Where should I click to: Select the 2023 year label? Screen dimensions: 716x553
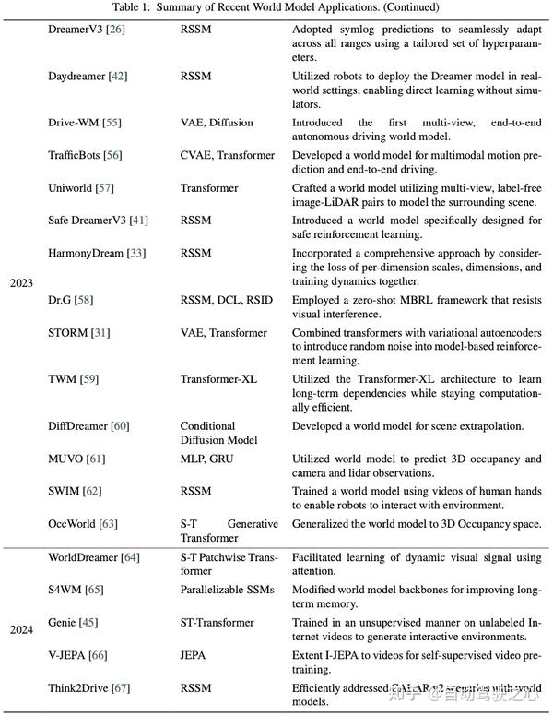click(x=22, y=283)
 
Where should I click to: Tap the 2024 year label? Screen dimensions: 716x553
click(x=22, y=630)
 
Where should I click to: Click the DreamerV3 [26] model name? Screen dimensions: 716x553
click(x=88, y=30)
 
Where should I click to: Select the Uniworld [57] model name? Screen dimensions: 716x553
click(x=82, y=188)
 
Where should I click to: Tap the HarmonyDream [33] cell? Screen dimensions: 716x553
click(x=96, y=253)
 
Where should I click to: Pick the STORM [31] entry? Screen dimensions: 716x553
click(x=80, y=332)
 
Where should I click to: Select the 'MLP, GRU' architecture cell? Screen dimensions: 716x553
click(x=210, y=459)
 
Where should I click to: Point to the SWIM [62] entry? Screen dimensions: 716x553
click(x=76, y=491)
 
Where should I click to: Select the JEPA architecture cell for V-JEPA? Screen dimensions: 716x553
click(x=196, y=655)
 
